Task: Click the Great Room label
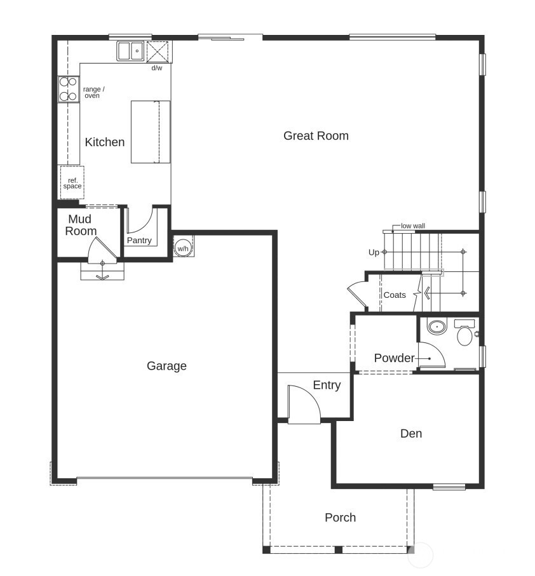click(316, 135)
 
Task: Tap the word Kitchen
click(105, 142)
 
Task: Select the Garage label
click(166, 366)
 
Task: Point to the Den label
click(411, 434)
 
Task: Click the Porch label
click(340, 518)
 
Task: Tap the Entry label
click(327, 385)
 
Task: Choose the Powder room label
click(394, 358)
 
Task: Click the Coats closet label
click(395, 295)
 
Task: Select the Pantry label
click(139, 241)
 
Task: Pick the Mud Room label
click(81, 225)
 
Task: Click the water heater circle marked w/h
click(183, 248)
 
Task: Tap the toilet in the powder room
click(464, 333)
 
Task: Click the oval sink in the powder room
click(436, 328)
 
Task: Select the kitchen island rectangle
click(151, 131)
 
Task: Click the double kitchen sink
click(131, 51)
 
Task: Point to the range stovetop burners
click(68, 90)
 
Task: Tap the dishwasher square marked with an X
click(156, 51)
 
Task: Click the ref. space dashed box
click(72, 183)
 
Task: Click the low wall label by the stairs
click(413, 226)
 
